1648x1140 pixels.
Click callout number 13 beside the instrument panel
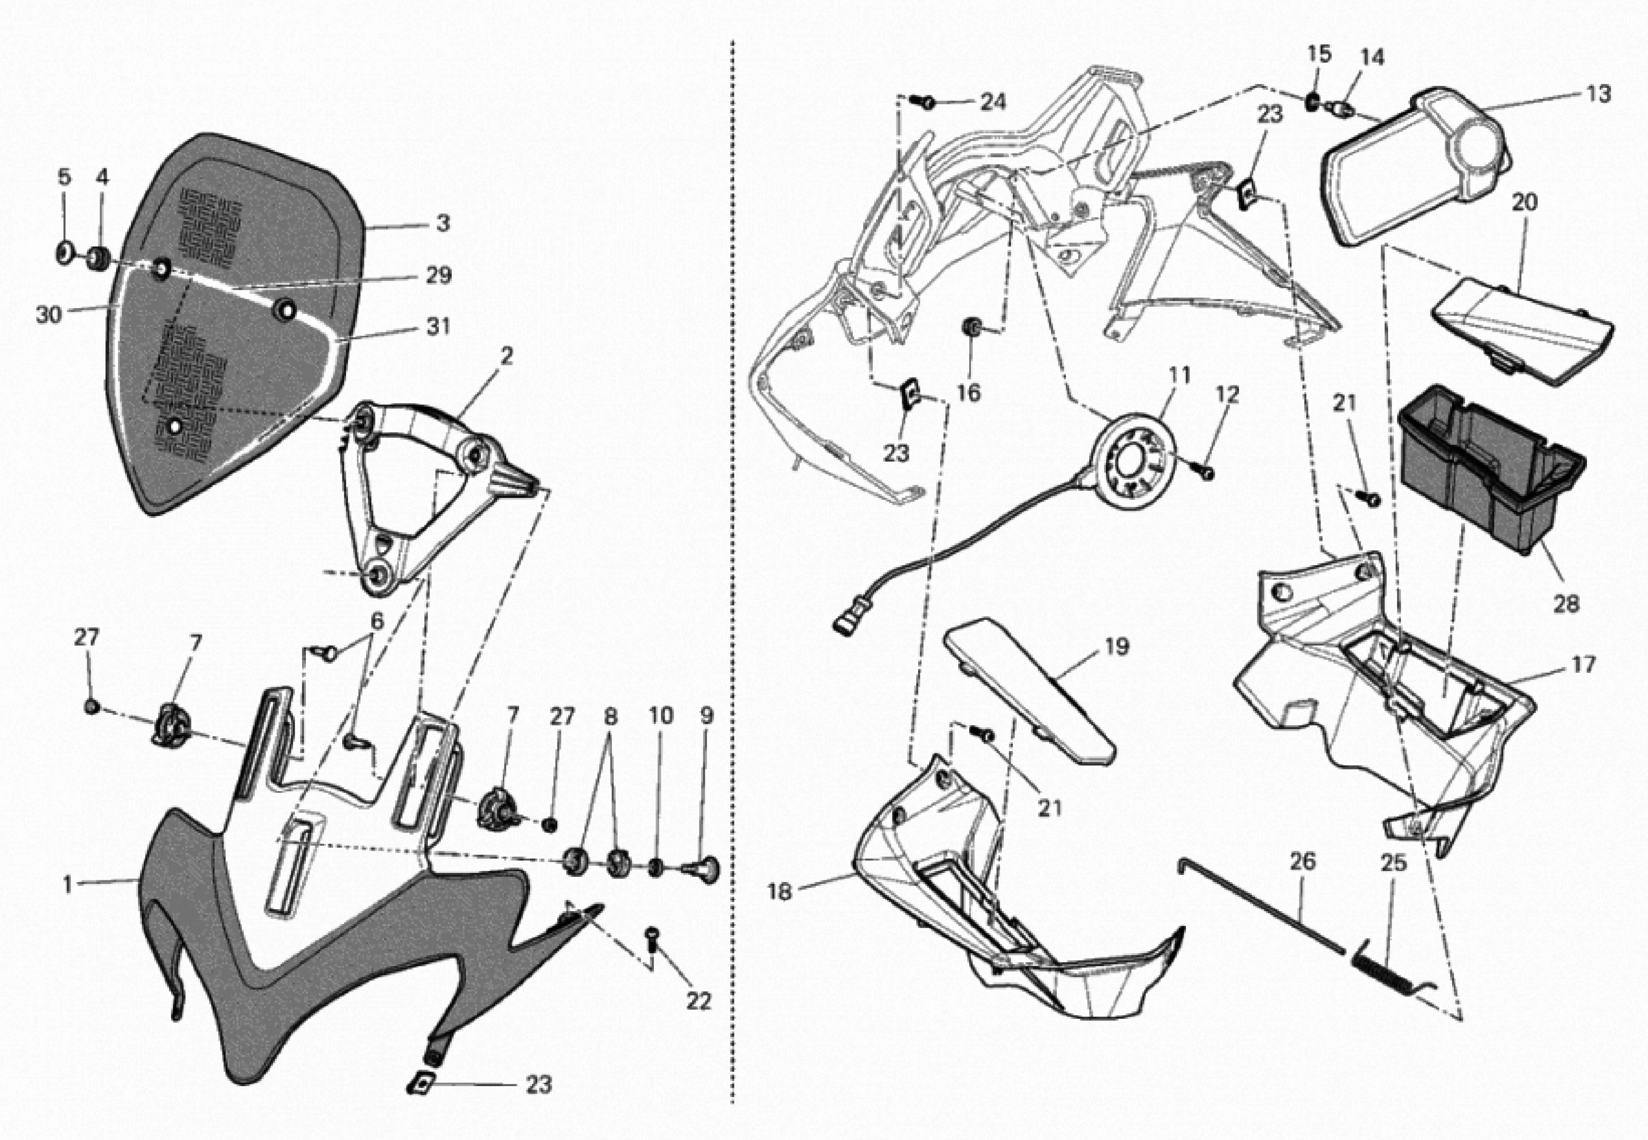1599,94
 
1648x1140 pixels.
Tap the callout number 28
1566,604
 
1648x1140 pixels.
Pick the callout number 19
1117,646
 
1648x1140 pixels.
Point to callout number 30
48,314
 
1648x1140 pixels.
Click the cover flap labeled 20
1522,329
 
